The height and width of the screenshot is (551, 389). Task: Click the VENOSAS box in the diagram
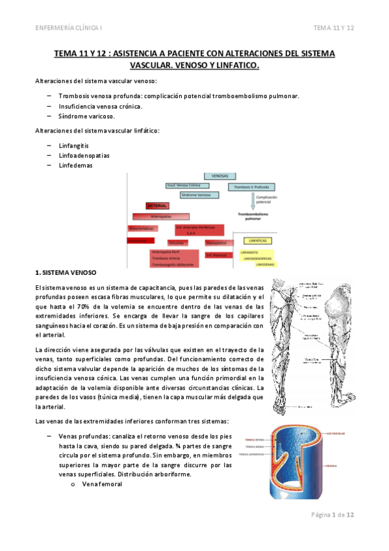220,176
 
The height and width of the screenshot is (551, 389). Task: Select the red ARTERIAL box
157,205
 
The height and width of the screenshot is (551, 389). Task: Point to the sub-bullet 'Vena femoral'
102,483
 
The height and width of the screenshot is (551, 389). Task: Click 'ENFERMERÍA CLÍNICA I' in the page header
72,28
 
